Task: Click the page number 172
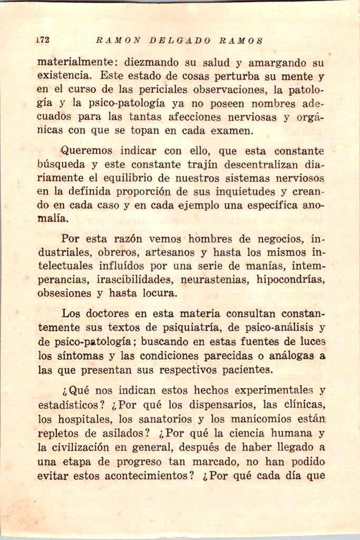tap(43, 40)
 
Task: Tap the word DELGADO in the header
tap(180, 40)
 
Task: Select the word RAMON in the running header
tap(119, 40)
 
